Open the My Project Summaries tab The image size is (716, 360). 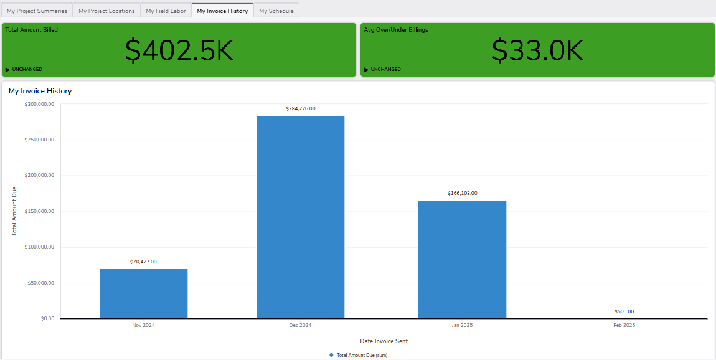tap(37, 11)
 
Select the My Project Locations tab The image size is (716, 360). tap(106, 11)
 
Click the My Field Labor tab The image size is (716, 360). tap(166, 11)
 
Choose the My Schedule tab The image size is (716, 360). tap(276, 11)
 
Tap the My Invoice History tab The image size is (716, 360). tap(222, 11)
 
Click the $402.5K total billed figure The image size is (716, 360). tap(179, 50)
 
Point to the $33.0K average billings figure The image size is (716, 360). tap(537, 50)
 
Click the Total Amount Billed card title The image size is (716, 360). tap(32, 29)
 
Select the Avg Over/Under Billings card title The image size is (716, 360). tap(396, 29)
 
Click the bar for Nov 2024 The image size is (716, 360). tap(143, 293)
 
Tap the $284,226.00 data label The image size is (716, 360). tap(300, 108)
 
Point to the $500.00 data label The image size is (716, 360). tap(624, 311)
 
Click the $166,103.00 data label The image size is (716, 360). tap(462, 193)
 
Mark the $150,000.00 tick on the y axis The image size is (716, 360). tap(39, 211)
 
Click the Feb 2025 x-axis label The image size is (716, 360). tap(624, 326)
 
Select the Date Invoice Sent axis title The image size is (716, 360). tap(384, 341)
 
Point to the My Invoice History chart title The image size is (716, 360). tap(40, 91)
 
